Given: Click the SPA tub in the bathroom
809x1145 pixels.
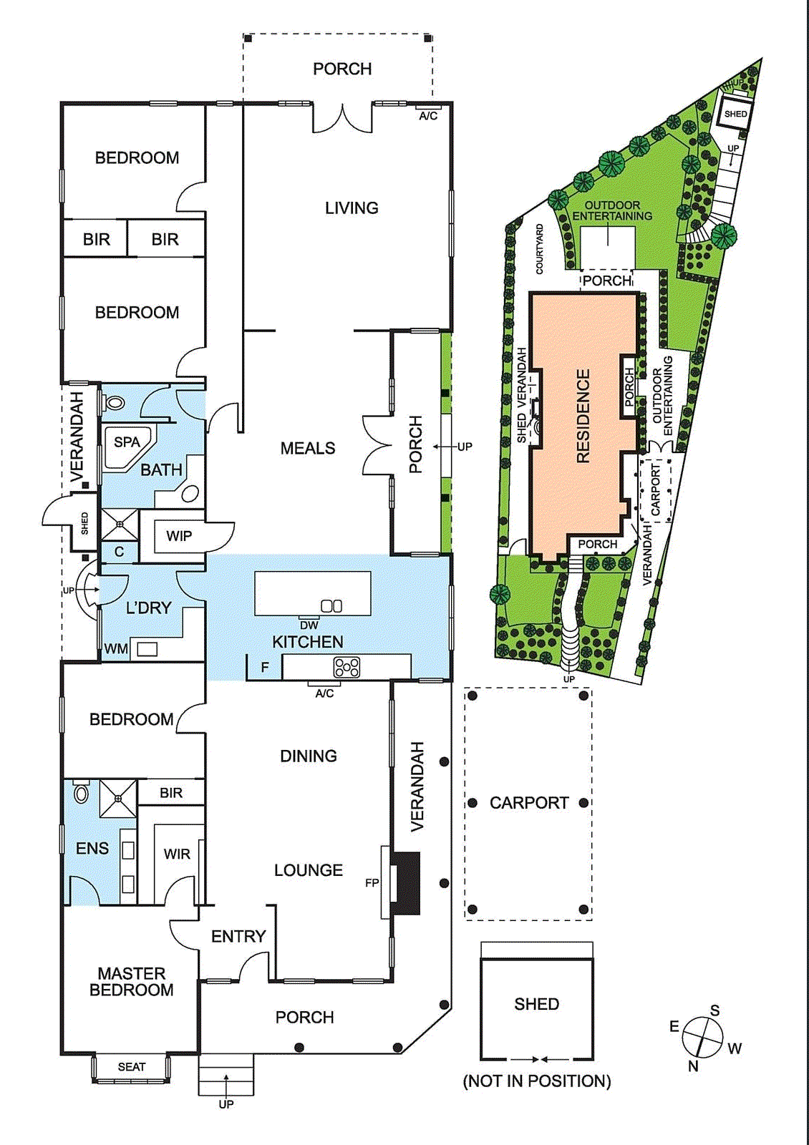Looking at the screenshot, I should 127,447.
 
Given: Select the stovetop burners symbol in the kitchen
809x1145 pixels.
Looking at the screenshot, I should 347,668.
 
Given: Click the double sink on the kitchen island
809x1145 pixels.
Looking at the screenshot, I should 331,606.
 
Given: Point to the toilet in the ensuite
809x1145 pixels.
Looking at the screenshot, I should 81,793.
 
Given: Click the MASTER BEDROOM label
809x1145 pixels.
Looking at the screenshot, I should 132,982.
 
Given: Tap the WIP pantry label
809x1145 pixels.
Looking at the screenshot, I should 178,536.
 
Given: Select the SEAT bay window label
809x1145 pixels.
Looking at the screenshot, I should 132,1067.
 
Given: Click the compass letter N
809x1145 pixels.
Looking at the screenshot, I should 693,1066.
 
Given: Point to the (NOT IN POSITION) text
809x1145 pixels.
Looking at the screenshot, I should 537,1081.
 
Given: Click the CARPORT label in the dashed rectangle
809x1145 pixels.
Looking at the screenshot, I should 529,803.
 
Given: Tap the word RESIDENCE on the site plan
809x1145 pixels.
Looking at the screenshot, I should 583,416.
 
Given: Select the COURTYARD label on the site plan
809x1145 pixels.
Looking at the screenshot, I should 540,249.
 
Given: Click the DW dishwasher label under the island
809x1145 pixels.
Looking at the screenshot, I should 309,625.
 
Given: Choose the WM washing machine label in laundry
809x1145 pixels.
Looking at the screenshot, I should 115,649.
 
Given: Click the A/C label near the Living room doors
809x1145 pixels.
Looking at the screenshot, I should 428,116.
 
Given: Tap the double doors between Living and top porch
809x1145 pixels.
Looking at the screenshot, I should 343,118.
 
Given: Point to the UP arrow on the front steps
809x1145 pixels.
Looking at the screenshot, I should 226,1080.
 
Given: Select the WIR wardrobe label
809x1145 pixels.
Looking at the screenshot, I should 177,854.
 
